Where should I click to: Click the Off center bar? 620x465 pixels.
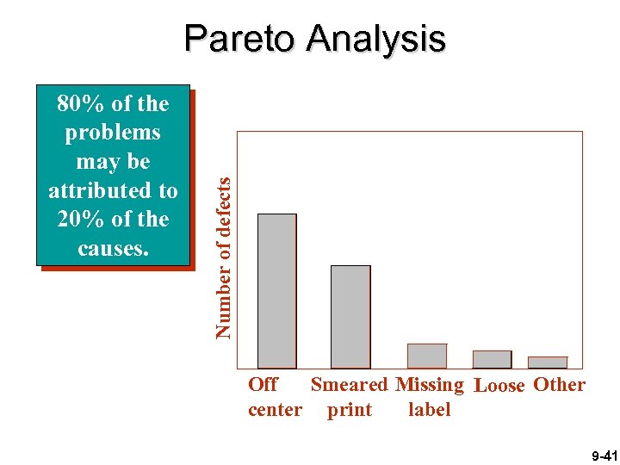click(x=277, y=291)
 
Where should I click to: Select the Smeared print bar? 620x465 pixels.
click(x=350, y=317)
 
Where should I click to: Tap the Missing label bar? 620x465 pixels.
click(x=427, y=356)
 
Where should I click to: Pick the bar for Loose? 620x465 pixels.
click(x=492, y=359)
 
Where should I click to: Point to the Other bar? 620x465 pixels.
click(x=548, y=363)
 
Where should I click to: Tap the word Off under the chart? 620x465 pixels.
click(x=263, y=384)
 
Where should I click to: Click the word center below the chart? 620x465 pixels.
click(x=275, y=409)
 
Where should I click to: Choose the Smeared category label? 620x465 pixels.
click(x=349, y=384)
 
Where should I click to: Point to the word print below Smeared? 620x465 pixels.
click(x=350, y=409)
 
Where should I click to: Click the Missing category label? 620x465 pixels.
click(x=430, y=384)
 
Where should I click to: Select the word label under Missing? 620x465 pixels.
click(x=430, y=409)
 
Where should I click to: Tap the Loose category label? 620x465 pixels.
click(x=499, y=385)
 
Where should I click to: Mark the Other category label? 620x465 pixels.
click(x=560, y=384)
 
